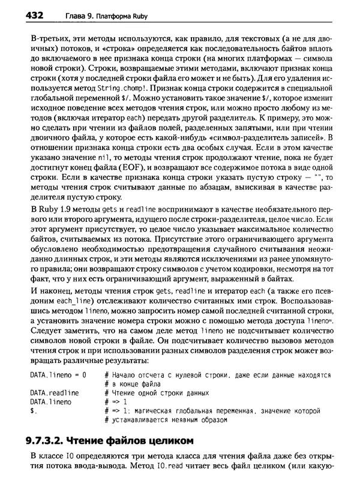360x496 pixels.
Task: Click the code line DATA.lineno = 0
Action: tap(58, 375)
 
